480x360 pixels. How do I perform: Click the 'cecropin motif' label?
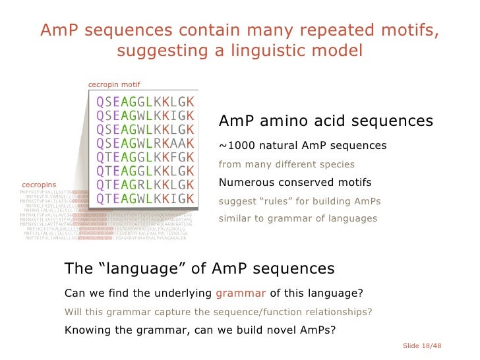pyautogui.click(x=113, y=84)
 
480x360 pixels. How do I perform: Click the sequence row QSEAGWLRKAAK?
pyautogui.click(x=145, y=143)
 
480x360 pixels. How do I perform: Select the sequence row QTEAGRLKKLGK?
pyautogui.click(x=145, y=184)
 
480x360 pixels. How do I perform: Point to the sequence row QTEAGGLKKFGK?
pyautogui.click(x=145, y=157)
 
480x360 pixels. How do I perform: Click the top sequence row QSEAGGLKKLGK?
pyautogui.click(x=145, y=102)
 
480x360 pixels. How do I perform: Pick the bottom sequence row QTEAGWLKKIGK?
pyautogui.click(x=145, y=198)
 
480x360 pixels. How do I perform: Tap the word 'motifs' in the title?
pyautogui.click(x=409, y=31)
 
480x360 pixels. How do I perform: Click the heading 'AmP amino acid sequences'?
pyautogui.click(x=325, y=122)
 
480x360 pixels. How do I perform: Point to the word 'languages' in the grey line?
pyautogui.click(x=354, y=218)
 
